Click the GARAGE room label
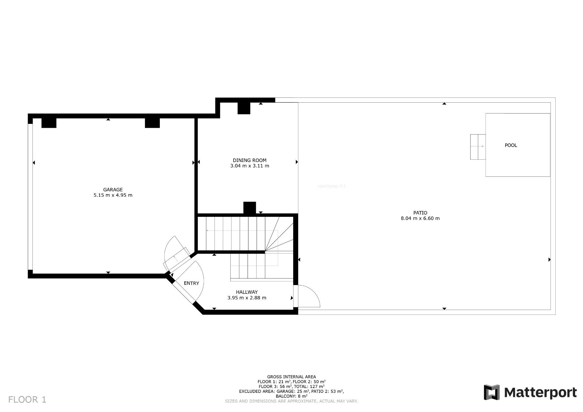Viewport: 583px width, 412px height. tap(113, 190)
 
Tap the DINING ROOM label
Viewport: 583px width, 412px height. tap(249, 160)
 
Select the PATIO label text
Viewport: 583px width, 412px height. tap(420, 213)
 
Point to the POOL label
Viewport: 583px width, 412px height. tap(511, 145)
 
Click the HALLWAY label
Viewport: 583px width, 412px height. tap(247, 292)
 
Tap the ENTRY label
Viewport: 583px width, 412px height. tap(191, 283)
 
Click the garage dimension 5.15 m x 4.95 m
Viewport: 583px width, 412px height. tap(113, 195)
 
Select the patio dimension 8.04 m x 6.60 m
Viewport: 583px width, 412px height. tap(420, 218)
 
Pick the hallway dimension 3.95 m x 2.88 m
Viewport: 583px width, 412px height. tap(247, 298)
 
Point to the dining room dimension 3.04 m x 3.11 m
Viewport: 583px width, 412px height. tap(249, 166)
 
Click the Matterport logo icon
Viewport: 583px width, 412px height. tap(492, 392)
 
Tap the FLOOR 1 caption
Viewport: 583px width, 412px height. tap(27, 400)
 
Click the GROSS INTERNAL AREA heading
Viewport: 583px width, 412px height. tap(291, 377)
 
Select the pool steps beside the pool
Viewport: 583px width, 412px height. tap(478, 147)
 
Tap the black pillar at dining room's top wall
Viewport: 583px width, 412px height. tap(244, 108)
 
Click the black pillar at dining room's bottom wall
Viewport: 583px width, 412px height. tap(250, 208)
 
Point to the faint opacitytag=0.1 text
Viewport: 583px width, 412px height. tap(331, 186)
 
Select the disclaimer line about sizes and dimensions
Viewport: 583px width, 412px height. tap(291, 401)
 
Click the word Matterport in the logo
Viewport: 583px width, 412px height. tap(540, 393)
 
